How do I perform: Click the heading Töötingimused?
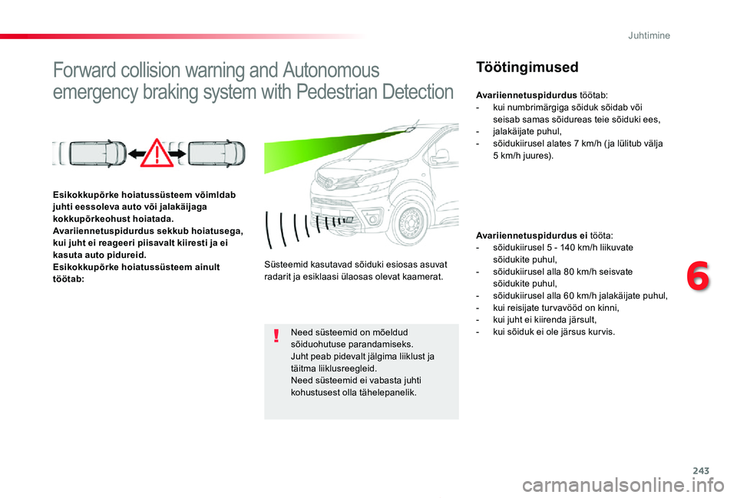(527, 67)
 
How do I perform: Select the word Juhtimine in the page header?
(649, 35)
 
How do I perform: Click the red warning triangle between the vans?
(158, 154)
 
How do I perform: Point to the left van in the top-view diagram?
(89, 153)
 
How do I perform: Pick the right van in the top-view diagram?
(208, 153)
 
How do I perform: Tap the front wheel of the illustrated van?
(411, 222)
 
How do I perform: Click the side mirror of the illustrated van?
(440, 156)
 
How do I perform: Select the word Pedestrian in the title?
(335, 93)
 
